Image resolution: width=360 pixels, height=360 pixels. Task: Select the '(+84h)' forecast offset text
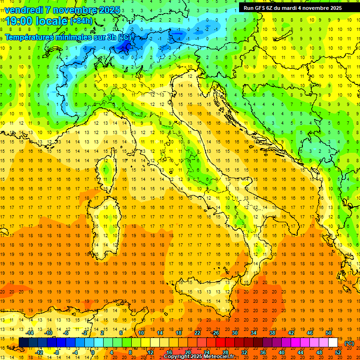tap(81, 21)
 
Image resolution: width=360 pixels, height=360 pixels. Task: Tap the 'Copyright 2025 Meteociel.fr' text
tap(199, 357)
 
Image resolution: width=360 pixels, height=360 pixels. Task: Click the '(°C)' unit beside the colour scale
tap(349, 343)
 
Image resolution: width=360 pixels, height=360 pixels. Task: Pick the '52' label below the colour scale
tap(338, 352)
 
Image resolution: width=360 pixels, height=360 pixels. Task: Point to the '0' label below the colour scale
tap(93, 352)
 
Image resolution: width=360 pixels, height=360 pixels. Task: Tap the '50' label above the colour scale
tap(329, 333)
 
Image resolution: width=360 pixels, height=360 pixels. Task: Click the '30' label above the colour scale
tap(234, 333)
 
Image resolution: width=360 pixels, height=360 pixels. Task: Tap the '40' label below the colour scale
tap(281, 352)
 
